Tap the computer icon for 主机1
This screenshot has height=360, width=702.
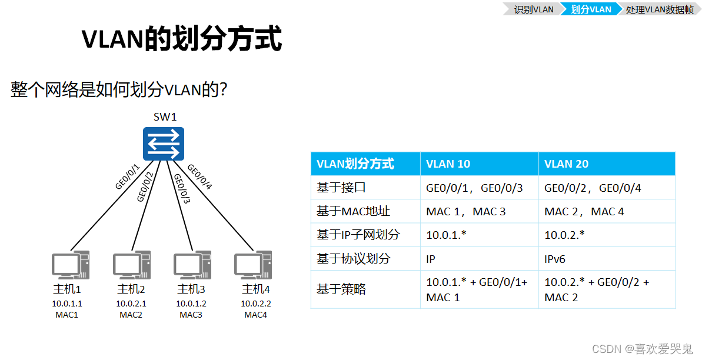click(x=71, y=266)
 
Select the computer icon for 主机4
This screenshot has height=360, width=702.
click(x=252, y=266)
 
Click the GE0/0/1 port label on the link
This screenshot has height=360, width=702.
click(x=128, y=177)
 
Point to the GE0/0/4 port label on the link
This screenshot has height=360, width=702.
click(x=199, y=177)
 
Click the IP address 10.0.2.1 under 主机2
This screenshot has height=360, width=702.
click(x=131, y=304)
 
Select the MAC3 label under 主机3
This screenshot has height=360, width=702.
click(x=191, y=315)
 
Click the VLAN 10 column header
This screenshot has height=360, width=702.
click(x=448, y=164)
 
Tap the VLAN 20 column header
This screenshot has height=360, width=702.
click(x=566, y=164)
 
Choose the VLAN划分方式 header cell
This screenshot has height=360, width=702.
click(x=355, y=164)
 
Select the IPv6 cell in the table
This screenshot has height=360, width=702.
click(x=555, y=258)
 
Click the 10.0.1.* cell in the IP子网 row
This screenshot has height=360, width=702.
click(x=446, y=235)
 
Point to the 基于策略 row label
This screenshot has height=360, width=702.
click(x=341, y=289)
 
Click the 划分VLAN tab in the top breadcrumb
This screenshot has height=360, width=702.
click(x=590, y=9)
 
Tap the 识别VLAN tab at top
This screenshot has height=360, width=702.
click(x=533, y=9)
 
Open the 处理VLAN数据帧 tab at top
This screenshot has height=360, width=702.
click(x=659, y=9)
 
